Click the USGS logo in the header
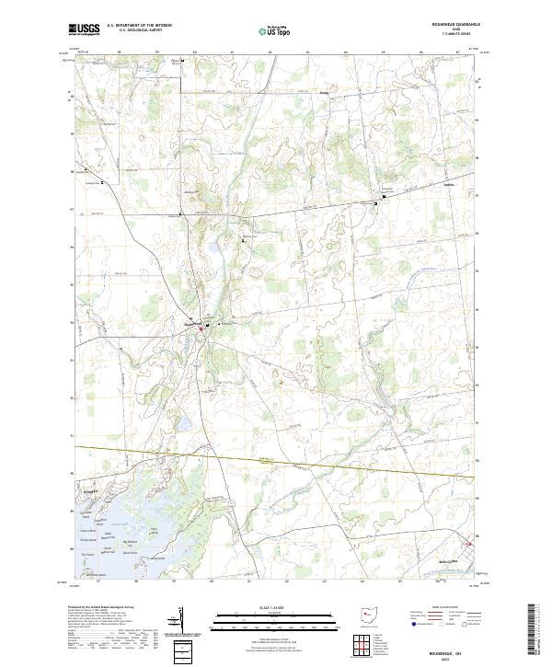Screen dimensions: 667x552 click(x=84, y=30)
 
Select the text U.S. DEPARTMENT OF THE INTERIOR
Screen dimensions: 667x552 click(x=139, y=26)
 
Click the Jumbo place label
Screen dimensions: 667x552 click(x=323, y=92)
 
